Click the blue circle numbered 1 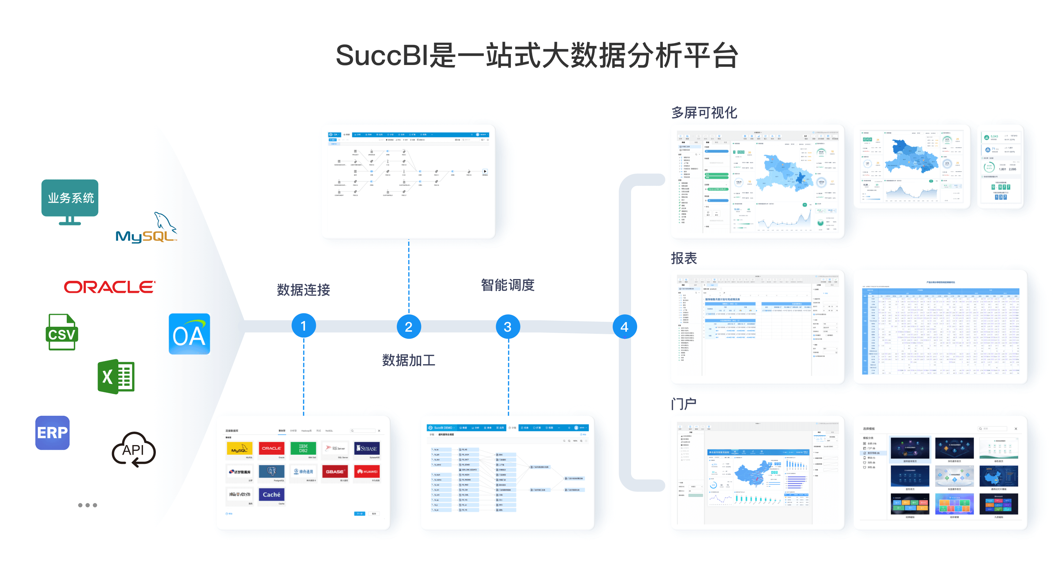tap(303, 326)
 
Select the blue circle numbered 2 tap(408, 327)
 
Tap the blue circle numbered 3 tap(507, 327)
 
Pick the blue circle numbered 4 tap(624, 327)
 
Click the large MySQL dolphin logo tap(147, 228)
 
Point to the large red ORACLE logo tap(110, 287)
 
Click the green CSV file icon tap(62, 332)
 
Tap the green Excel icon tap(116, 377)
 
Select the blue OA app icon tap(189, 334)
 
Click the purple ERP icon tap(52, 432)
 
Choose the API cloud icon tap(134, 450)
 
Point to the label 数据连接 tap(303, 290)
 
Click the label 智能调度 tap(507, 285)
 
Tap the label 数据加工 tap(408, 360)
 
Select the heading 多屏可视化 tap(704, 112)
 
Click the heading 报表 tap(684, 258)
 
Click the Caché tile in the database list tap(272, 495)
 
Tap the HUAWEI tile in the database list tap(367, 472)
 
